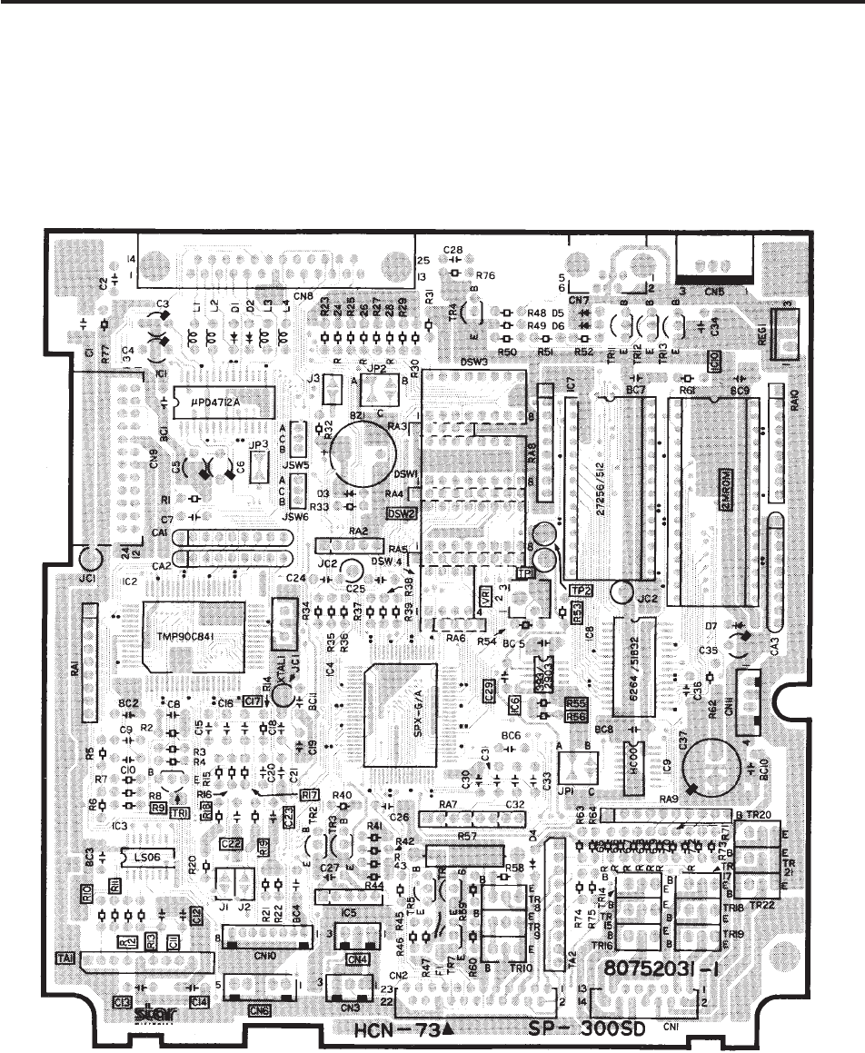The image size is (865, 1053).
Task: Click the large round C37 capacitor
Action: point(713,766)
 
